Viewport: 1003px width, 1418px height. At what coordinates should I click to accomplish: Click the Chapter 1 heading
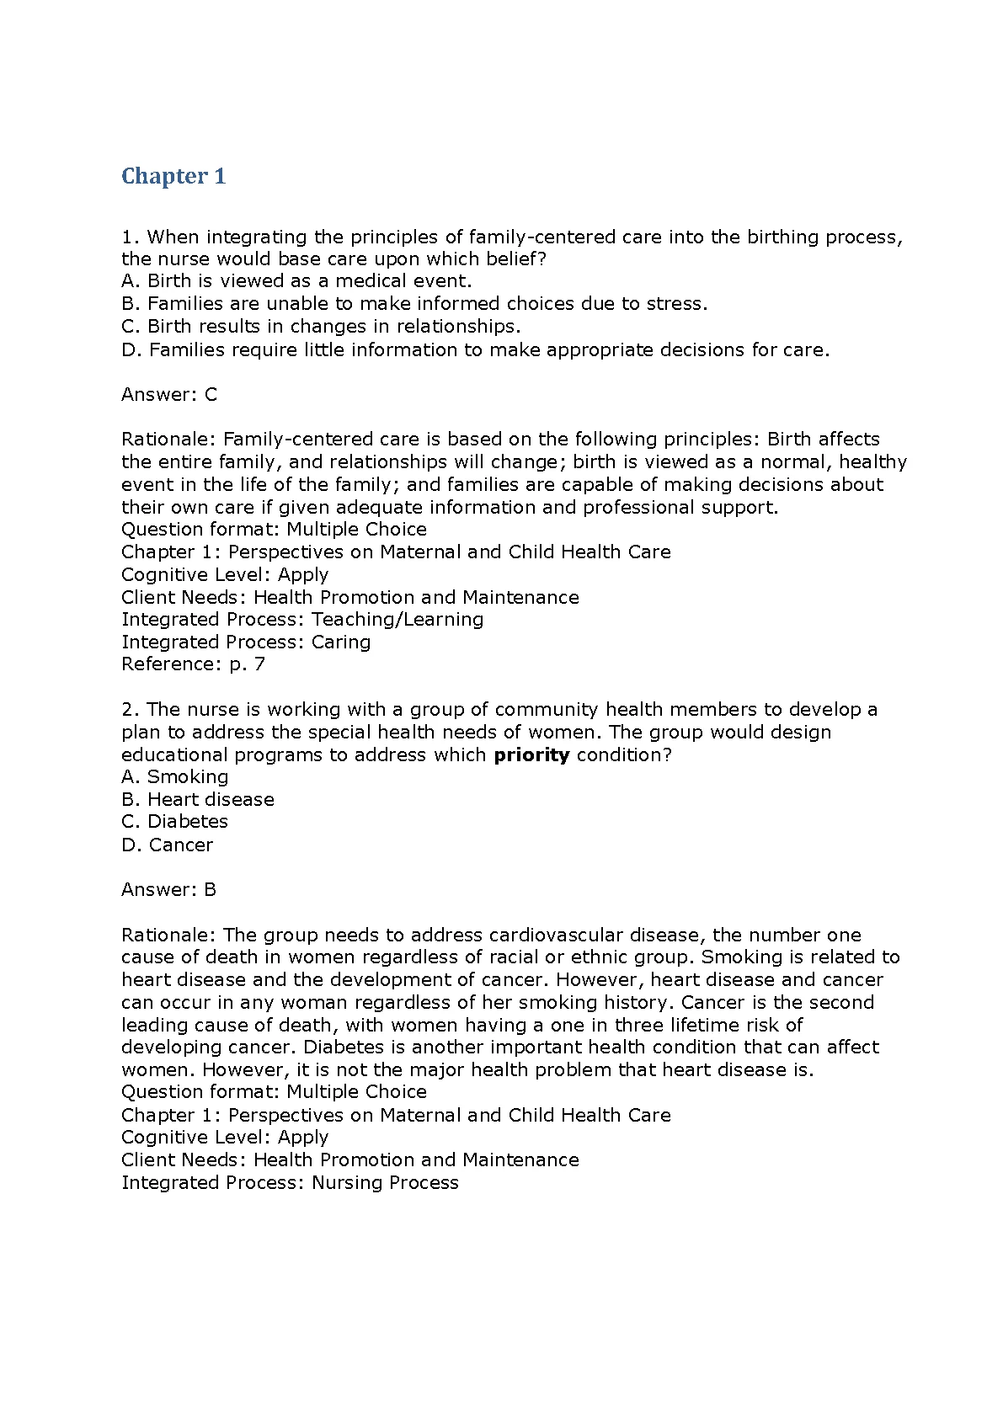(x=173, y=177)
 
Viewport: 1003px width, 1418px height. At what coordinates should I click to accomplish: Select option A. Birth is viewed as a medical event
(x=296, y=281)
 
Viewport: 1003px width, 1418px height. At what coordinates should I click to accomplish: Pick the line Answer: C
(x=169, y=394)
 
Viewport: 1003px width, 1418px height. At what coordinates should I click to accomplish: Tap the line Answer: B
(x=169, y=890)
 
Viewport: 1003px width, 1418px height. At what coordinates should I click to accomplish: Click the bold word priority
(x=531, y=755)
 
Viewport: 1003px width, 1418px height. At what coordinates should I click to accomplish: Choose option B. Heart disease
(x=198, y=800)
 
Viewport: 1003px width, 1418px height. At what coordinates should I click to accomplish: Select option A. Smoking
(x=175, y=777)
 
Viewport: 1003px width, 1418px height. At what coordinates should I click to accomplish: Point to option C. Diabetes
(x=175, y=822)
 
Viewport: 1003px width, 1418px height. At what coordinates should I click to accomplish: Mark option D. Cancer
(x=168, y=845)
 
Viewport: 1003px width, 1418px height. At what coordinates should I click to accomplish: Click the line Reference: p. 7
(x=193, y=664)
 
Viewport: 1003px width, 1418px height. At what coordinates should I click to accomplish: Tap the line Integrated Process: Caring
(x=246, y=642)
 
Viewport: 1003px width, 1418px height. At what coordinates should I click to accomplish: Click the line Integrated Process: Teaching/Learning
(x=302, y=620)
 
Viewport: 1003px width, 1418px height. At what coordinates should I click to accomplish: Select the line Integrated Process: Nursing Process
(x=290, y=1183)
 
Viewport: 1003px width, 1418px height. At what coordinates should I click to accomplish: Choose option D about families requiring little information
(x=475, y=349)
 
